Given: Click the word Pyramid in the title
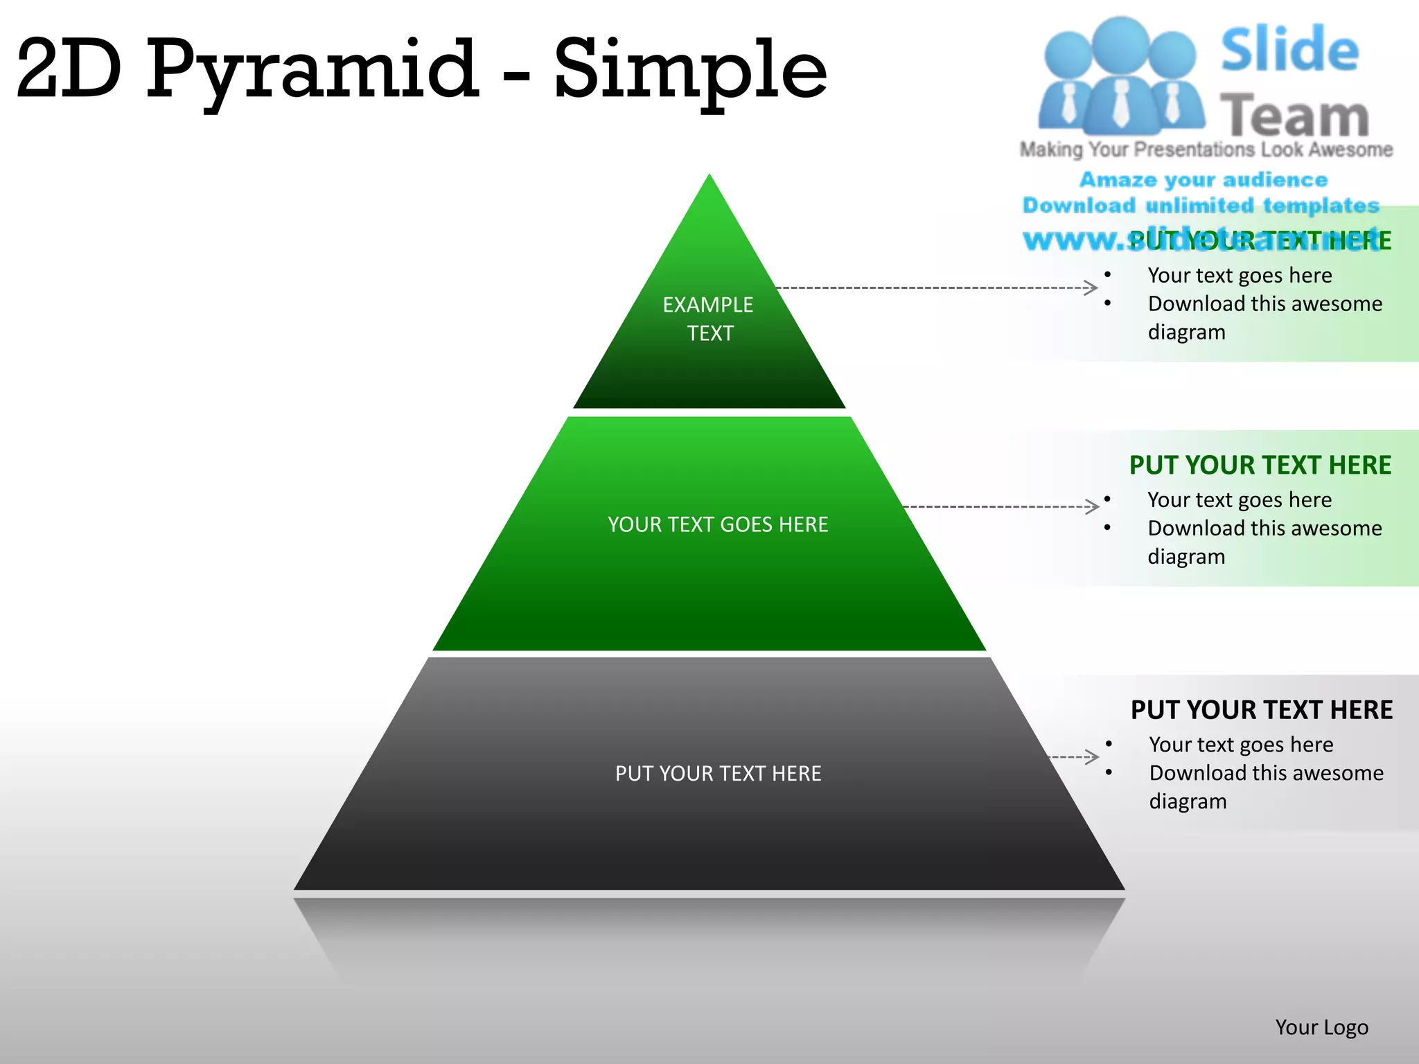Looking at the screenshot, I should [312, 69].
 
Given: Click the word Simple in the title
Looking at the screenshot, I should [690, 69].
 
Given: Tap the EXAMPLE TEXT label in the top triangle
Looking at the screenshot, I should [708, 319].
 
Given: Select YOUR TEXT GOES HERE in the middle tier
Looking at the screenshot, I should [718, 524].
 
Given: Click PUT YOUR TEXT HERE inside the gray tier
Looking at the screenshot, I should [718, 773].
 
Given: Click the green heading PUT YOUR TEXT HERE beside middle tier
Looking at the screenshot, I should [1260, 465].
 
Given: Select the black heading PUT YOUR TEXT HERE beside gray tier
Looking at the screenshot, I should [1261, 710].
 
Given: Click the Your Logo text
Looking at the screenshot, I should [1321, 1027].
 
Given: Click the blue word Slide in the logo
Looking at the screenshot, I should [1289, 50].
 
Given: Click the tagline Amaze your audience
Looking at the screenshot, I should [1204, 179].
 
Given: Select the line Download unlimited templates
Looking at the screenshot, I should [1201, 205].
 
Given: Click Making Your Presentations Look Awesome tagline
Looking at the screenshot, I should [1206, 150].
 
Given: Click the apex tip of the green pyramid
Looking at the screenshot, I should [709, 177].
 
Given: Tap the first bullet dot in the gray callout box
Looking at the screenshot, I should [1109, 744].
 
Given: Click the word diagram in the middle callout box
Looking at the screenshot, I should [1186, 557].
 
